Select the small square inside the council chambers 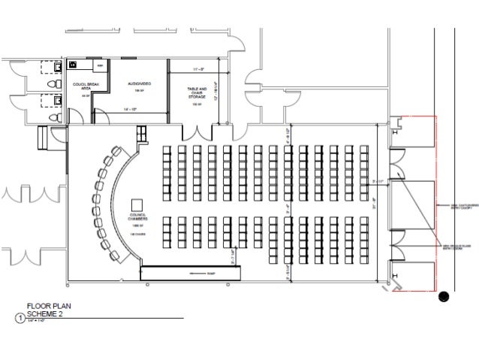tap(137, 204)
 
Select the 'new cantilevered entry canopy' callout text tap(460, 204)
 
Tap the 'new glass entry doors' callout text tap(459, 247)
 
